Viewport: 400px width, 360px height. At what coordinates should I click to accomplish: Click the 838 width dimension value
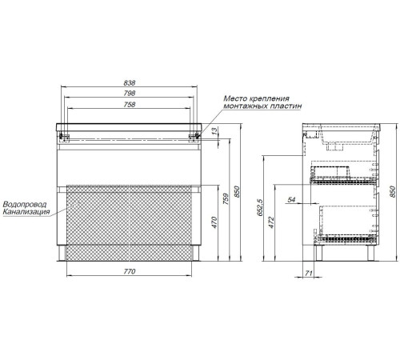point(130,82)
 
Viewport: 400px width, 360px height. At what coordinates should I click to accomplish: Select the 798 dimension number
point(130,94)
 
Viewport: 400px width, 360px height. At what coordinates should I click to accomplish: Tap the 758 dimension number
point(130,105)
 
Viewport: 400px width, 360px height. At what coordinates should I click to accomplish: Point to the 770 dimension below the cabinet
point(130,271)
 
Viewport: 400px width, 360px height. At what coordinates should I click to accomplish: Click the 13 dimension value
point(214,131)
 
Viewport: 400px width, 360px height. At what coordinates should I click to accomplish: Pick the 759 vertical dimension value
point(226,199)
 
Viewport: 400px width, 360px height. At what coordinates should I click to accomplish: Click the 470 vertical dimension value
point(214,222)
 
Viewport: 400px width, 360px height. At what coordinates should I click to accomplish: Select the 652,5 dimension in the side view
point(261,207)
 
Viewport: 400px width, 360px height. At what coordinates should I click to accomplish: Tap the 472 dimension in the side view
point(271,222)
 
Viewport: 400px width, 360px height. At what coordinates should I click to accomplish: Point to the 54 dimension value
point(291,199)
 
